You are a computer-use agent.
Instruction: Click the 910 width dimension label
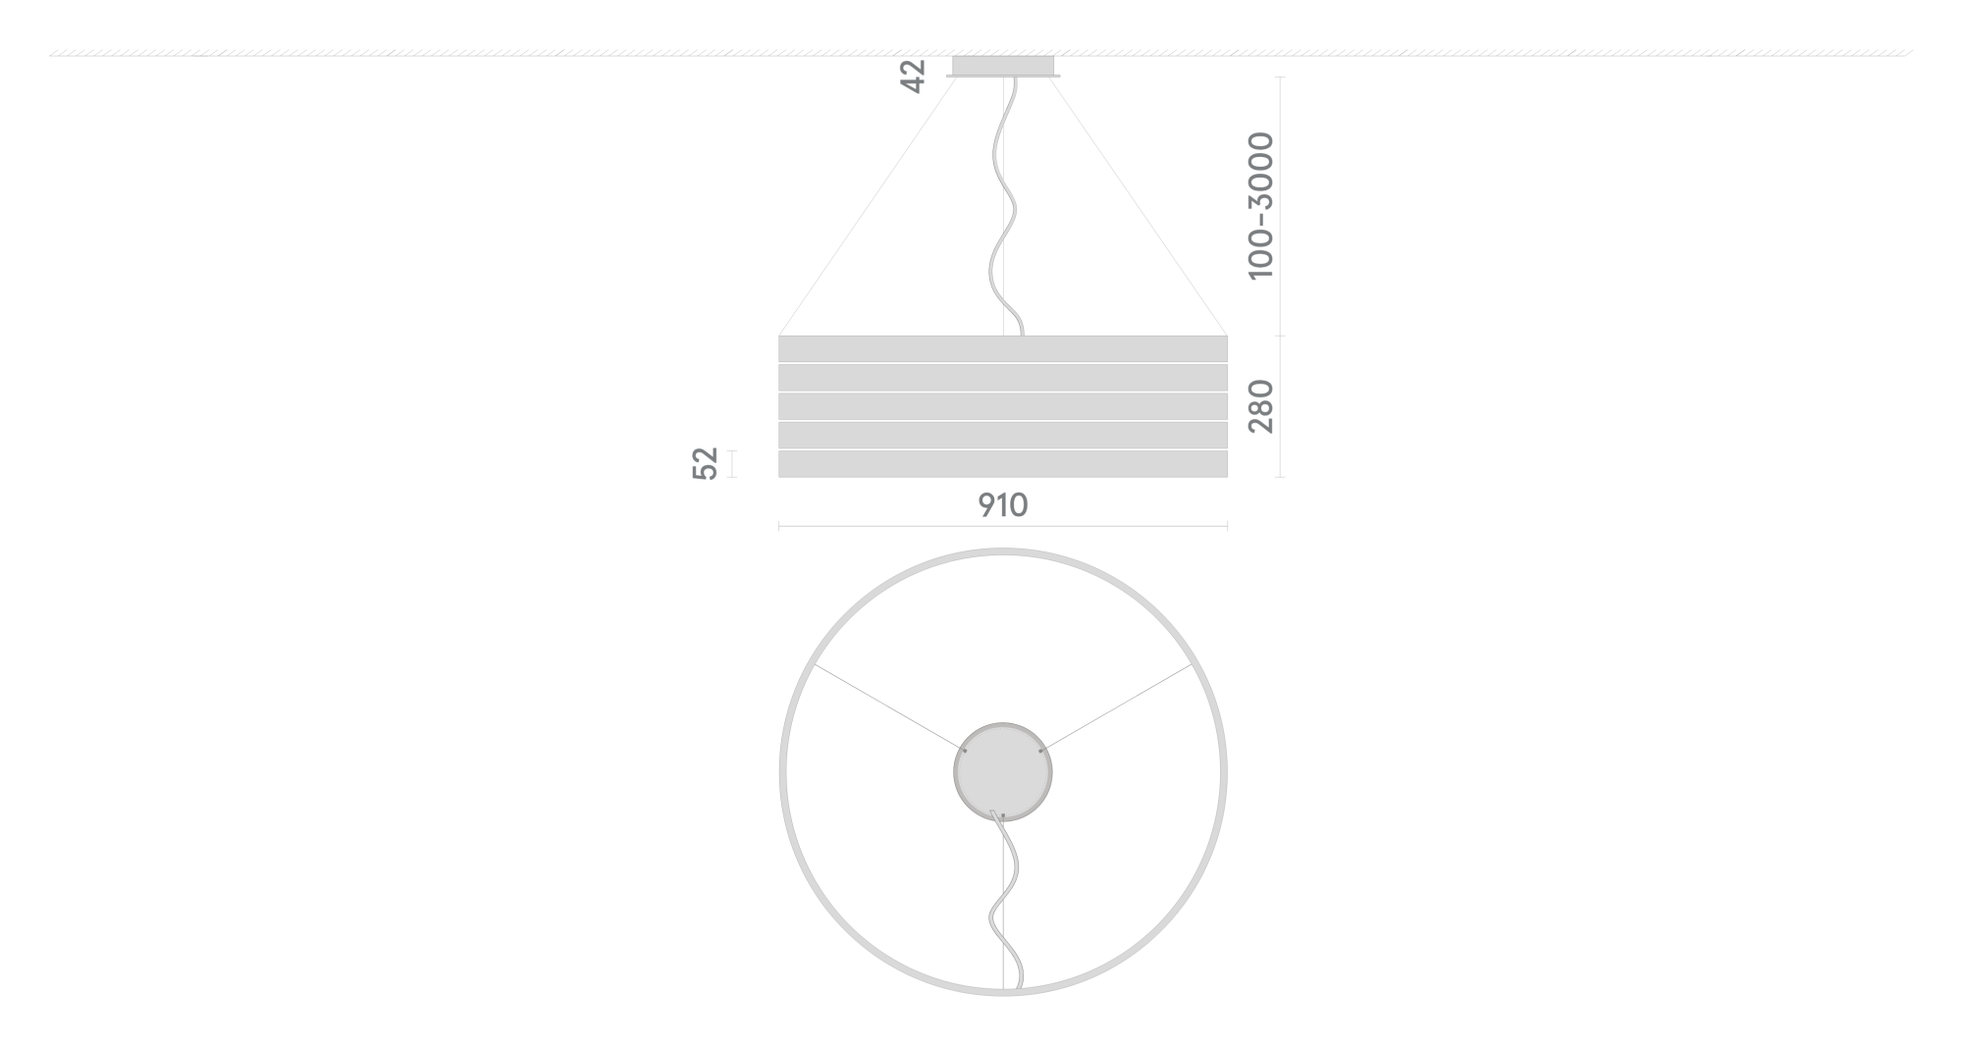[1002, 505]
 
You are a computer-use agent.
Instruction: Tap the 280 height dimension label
[1260, 405]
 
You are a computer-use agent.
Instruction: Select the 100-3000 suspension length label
[1260, 206]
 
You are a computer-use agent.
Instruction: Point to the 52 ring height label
[706, 463]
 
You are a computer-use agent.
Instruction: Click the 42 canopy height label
[913, 77]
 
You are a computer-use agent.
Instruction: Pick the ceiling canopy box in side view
[1003, 66]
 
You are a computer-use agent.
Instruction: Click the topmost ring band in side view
[1002, 349]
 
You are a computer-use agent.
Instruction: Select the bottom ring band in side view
[1002, 464]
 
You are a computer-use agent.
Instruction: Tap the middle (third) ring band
[1002, 406]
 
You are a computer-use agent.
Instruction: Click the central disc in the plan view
[1002, 772]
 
